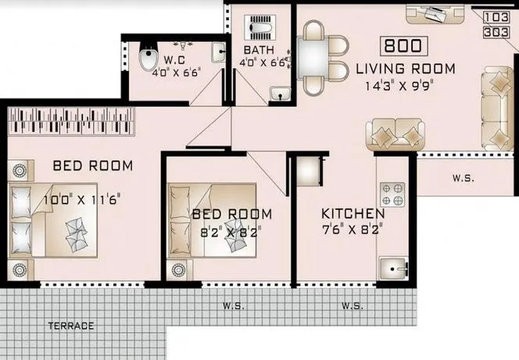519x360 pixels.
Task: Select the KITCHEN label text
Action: [x=353, y=213]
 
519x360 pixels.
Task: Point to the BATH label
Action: [x=252, y=52]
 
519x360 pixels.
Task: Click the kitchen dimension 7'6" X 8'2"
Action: [x=353, y=230]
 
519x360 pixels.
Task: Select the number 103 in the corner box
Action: [x=494, y=16]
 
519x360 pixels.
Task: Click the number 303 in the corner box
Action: [x=494, y=31]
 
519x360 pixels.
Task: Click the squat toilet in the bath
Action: [x=259, y=29]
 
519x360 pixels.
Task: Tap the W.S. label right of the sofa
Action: [x=463, y=178]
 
